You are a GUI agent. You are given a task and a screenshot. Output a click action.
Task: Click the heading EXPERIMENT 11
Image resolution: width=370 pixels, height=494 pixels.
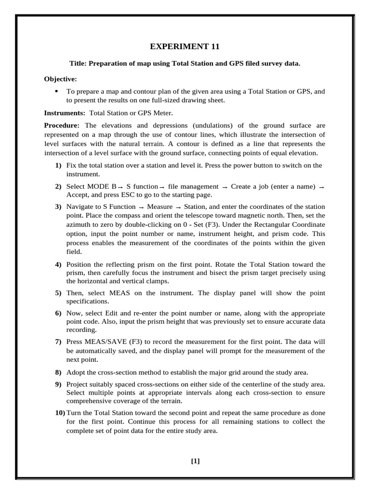(x=185, y=47)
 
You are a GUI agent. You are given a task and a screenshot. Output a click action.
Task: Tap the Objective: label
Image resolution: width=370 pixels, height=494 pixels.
(x=60, y=79)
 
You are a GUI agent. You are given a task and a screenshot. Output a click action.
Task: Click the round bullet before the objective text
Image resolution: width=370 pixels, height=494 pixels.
(x=56, y=91)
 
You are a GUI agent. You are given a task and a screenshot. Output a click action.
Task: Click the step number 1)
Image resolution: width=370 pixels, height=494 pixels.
(x=58, y=165)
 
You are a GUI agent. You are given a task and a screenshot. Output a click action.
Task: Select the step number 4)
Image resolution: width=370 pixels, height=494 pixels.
(x=58, y=264)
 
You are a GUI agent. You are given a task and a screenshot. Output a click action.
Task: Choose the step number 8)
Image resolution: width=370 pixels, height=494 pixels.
(x=58, y=372)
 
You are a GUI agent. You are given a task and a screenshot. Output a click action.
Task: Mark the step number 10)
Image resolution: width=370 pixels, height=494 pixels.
(x=59, y=413)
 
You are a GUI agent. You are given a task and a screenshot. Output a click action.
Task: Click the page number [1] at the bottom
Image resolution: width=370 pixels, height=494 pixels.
(x=195, y=461)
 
